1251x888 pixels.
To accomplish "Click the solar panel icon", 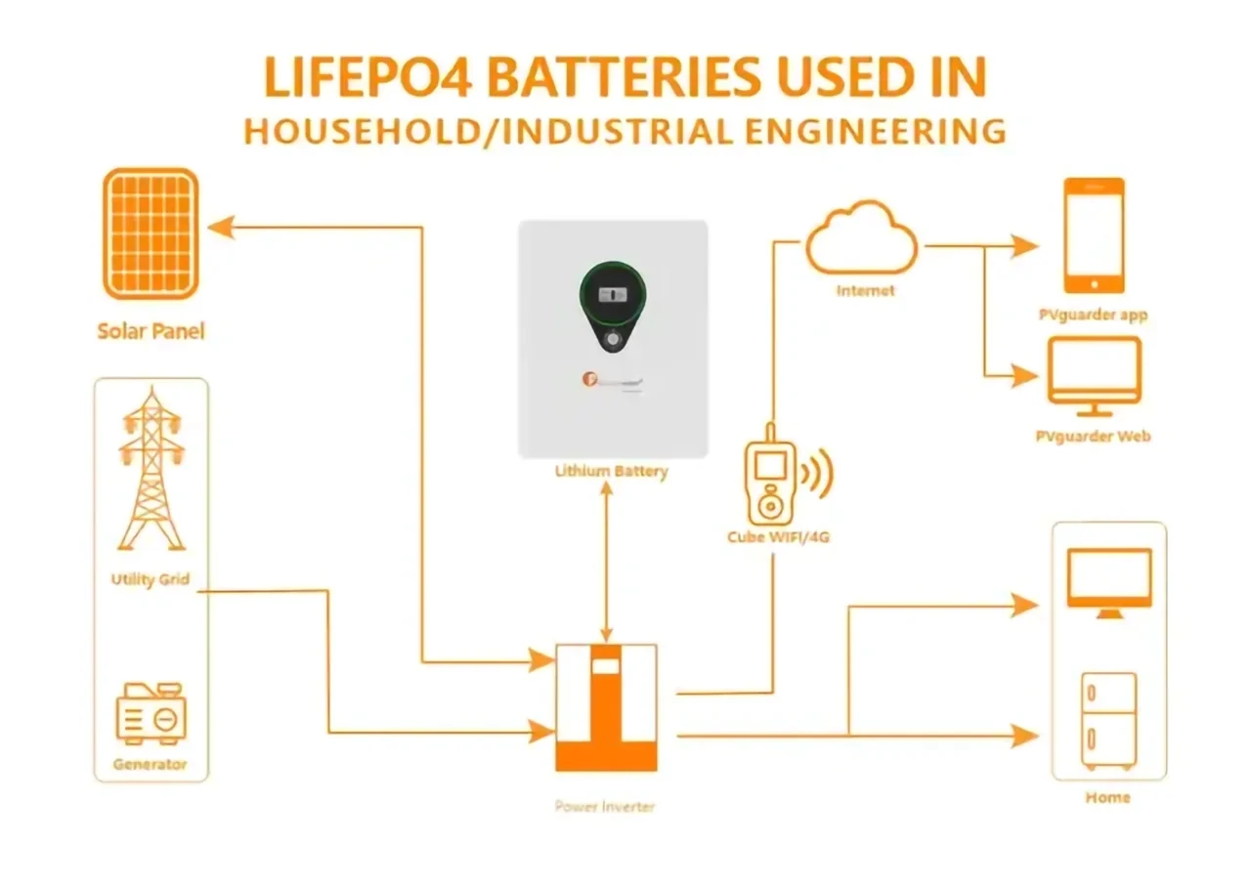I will [151, 233].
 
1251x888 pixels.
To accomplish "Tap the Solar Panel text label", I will [151, 331].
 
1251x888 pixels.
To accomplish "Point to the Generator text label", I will [150, 764].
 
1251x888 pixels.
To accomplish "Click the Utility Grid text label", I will [150, 579].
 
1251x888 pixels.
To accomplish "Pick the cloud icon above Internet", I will [861, 240].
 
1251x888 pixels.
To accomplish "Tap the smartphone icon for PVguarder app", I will [1094, 235].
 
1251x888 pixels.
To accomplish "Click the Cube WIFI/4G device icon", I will [771, 483].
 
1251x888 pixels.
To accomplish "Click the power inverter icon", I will [606, 706].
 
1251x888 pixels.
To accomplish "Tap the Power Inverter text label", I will [605, 806].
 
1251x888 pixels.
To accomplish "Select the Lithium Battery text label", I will [612, 471].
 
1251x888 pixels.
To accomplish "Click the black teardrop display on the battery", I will [612, 304].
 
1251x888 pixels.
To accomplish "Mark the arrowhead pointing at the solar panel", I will [221, 228].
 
